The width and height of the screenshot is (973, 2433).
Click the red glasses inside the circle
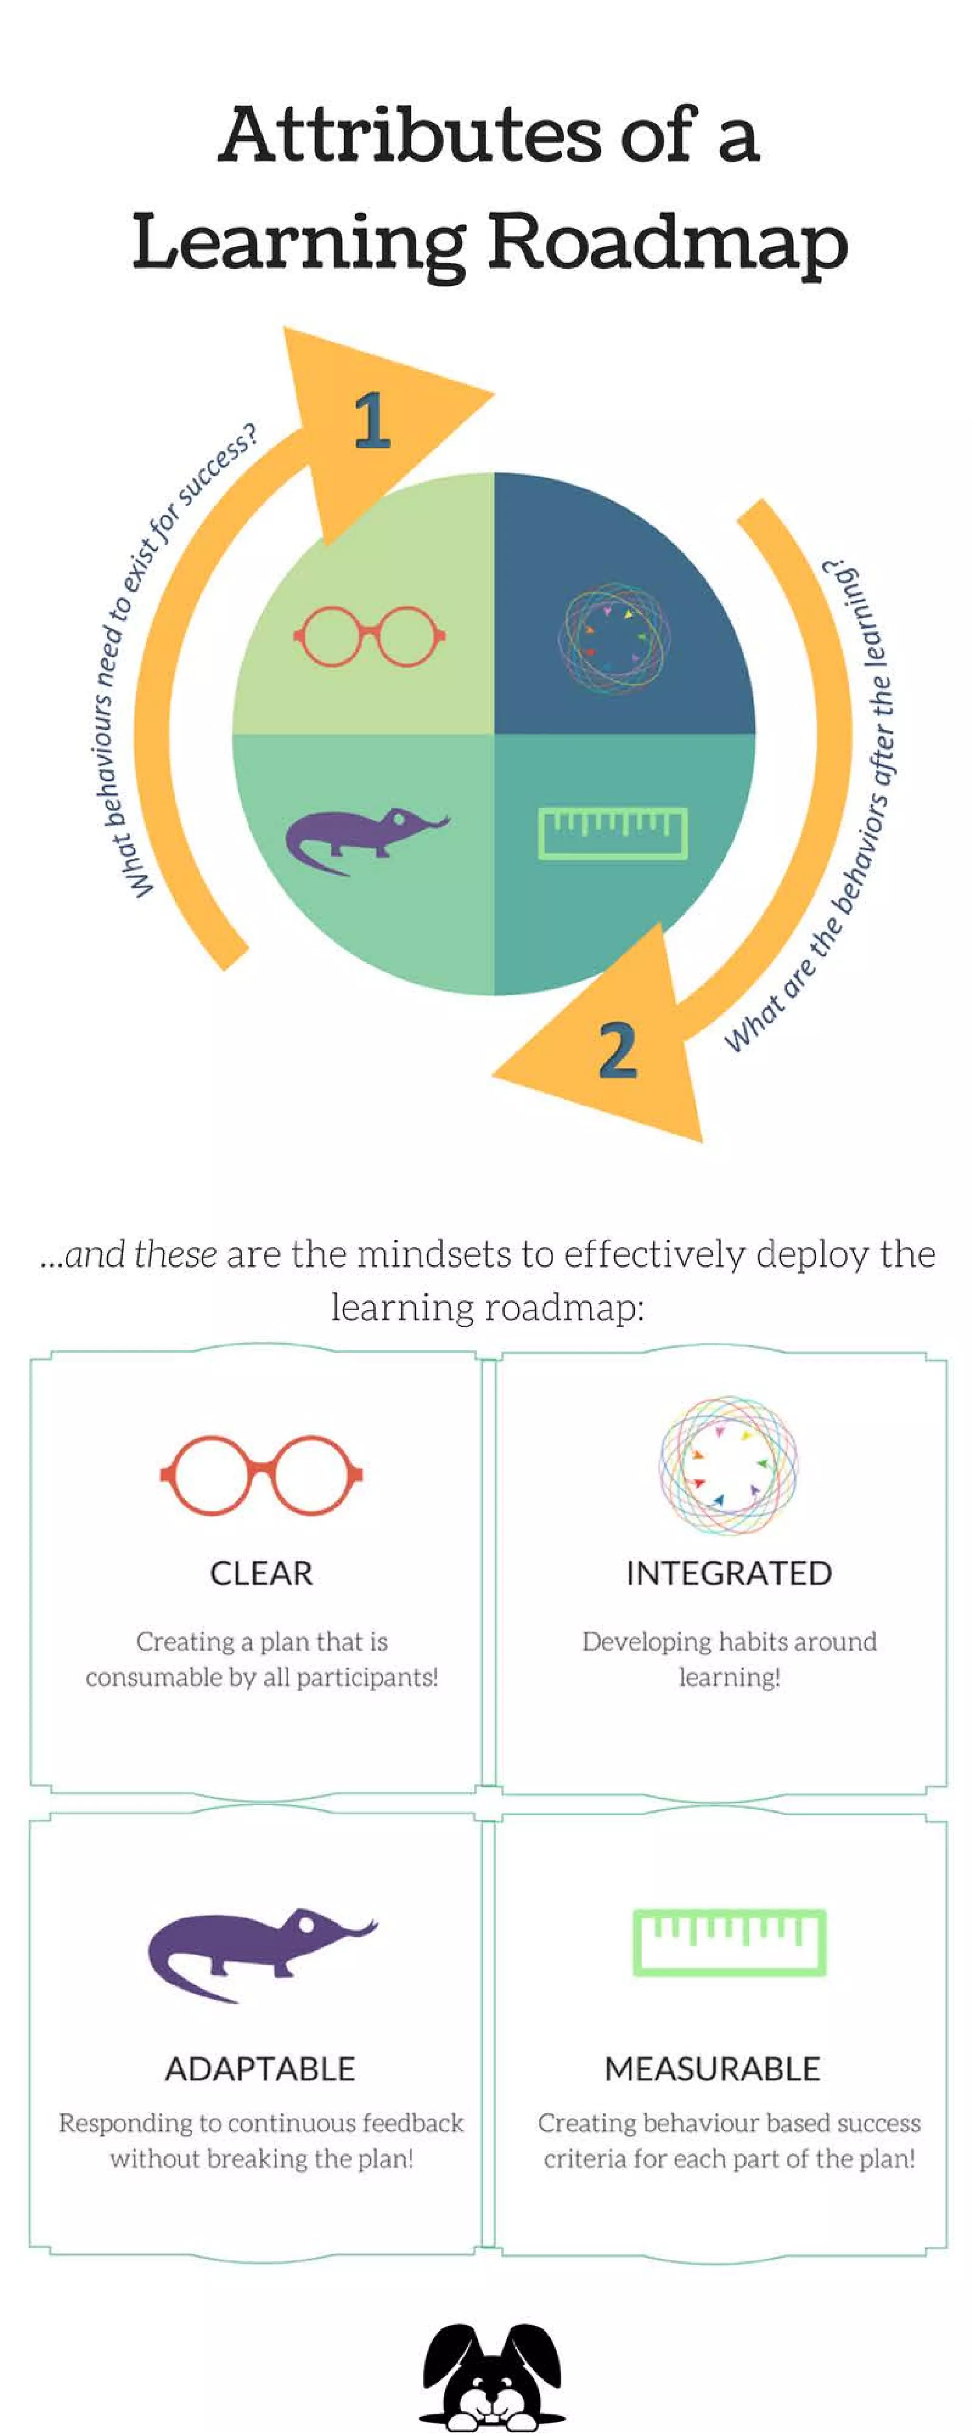(369, 636)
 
